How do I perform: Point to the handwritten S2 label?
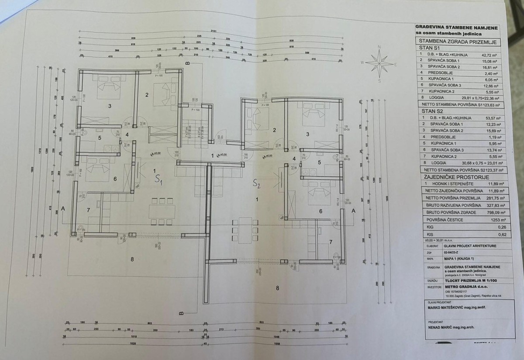pos(256,184)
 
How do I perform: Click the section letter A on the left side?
pos(63,209)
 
